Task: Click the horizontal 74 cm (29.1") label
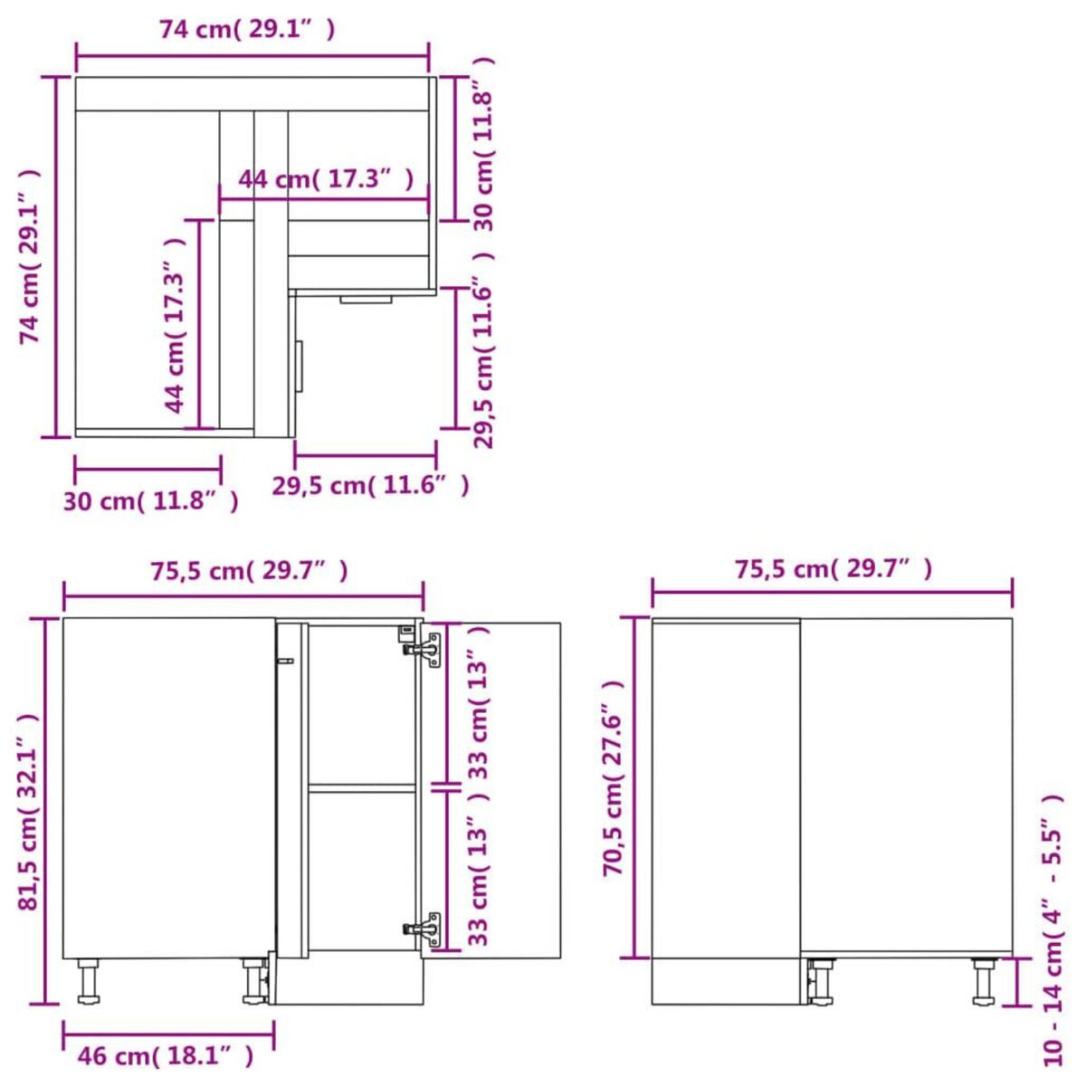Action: tap(247, 30)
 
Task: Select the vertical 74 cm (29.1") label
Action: tap(31, 258)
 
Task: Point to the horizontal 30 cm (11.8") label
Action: tap(151, 500)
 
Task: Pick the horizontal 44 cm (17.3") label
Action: tap(326, 179)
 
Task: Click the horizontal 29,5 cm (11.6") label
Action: tap(371, 486)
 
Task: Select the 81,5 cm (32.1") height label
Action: tap(31, 813)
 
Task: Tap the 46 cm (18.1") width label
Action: tap(166, 1055)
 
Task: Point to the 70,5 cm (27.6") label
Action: tap(614, 778)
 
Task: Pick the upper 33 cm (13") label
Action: tap(480, 702)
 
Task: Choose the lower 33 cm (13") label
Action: tap(480, 869)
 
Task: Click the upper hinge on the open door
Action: tap(424, 649)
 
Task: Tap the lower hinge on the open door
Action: tap(424, 929)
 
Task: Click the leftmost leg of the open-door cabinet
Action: tap(88, 982)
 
